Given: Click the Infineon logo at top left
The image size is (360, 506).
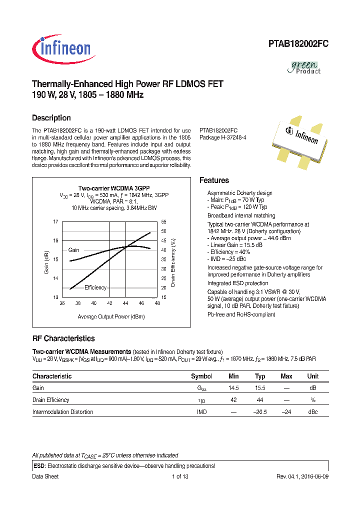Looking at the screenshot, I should point(61,49).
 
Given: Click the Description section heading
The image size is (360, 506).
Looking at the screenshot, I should point(51,118).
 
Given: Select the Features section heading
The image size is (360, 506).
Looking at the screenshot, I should point(214,180).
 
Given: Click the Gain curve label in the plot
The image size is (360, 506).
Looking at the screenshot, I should point(73,250).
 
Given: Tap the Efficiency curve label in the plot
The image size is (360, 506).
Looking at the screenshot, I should point(95,287).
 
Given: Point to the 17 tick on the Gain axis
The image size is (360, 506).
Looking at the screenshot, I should point(56,221).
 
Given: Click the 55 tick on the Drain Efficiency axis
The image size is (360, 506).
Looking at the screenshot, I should point(163,221).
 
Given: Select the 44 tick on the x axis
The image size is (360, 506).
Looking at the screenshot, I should point(125,303).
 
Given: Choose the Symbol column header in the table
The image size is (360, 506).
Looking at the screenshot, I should point(201,376).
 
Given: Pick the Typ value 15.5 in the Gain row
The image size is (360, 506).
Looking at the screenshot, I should point(260,388).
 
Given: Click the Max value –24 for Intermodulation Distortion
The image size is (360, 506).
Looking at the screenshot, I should point(286,412).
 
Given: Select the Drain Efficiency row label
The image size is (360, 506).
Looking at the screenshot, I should point(51,400).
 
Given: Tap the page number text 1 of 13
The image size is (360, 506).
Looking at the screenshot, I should point(179,476).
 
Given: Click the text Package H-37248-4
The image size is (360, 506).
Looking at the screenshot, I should point(223,137).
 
